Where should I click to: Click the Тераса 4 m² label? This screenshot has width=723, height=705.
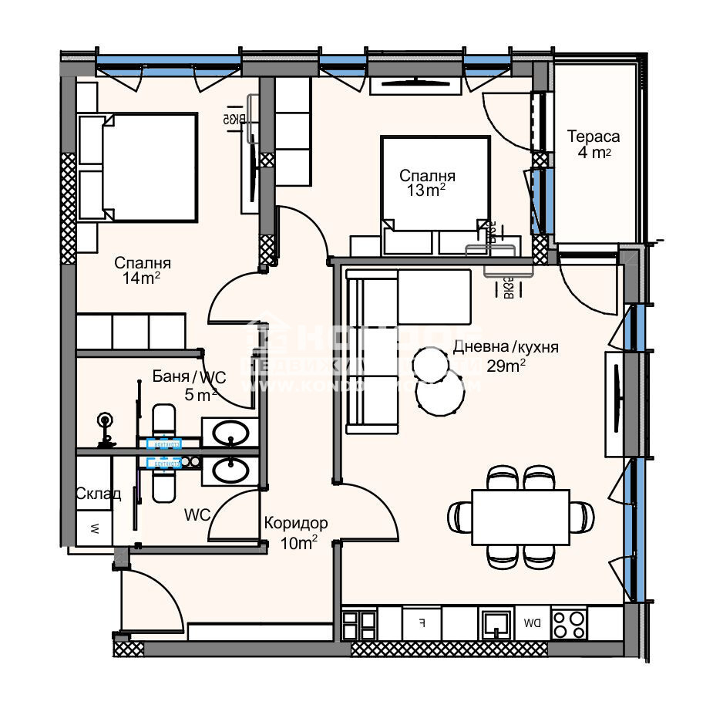594,144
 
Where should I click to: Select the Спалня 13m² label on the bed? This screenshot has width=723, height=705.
426,184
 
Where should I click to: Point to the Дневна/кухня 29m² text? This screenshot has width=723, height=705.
505,356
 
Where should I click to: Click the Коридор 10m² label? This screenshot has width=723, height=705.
295,533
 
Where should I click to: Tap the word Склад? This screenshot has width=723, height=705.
98,494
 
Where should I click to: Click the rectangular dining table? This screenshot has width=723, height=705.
520,516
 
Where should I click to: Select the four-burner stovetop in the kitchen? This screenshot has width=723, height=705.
569,622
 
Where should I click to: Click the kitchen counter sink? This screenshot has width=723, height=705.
493,622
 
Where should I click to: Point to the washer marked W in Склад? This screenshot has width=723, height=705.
94,529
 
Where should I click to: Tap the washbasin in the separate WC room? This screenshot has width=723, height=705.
230,470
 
